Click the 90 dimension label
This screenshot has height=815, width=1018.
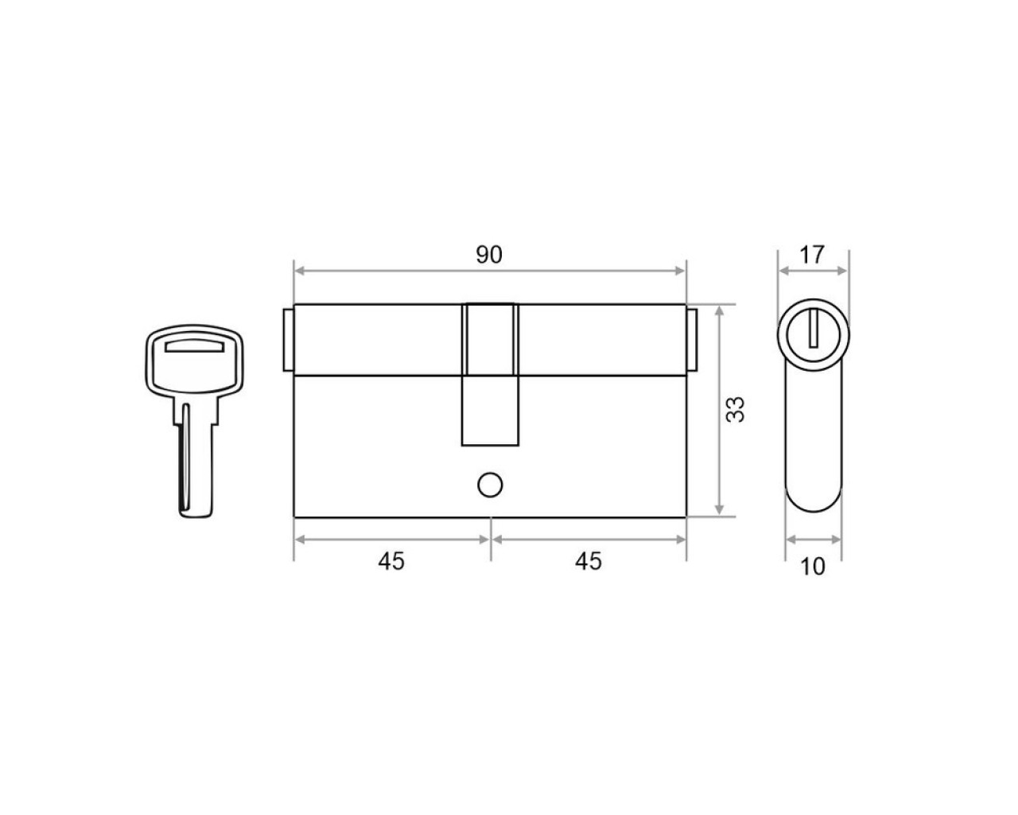coord(488,255)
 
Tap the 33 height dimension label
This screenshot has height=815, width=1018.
coord(735,410)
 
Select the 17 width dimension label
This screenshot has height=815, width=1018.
coord(812,255)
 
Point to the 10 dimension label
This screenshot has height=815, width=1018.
coord(812,567)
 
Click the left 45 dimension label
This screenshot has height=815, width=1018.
coord(391,562)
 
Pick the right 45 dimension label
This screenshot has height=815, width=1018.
coord(589,562)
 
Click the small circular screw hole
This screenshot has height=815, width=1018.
coord(490,485)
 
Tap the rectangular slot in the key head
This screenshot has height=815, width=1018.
coord(194,346)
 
